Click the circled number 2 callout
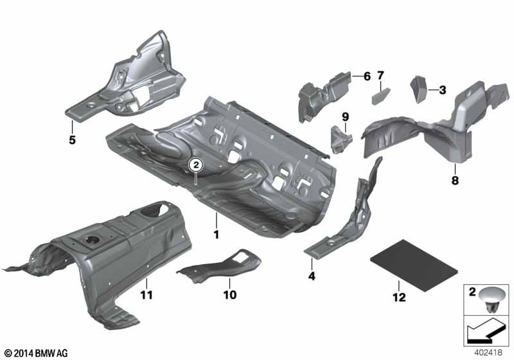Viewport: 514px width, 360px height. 196,165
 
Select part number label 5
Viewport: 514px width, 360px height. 72,140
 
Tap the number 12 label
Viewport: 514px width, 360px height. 399,297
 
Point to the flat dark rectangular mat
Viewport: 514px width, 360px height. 414,265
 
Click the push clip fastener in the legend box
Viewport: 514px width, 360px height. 492,300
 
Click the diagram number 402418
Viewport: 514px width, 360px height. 488,352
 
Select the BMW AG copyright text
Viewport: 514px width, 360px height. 37,353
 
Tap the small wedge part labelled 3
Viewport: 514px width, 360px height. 419,89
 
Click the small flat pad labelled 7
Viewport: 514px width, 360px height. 381,96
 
